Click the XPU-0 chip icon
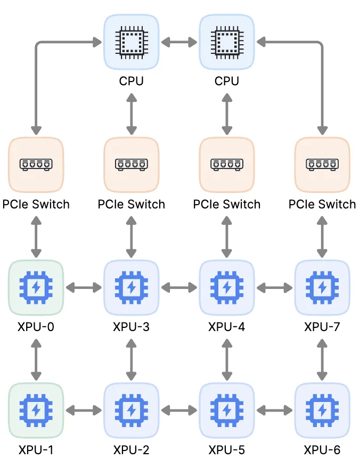[x=36, y=288]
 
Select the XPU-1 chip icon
[x=36, y=410]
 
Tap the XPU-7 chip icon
[x=322, y=288]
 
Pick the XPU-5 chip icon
[x=227, y=410]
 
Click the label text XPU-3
[x=131, y=326]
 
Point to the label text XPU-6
[x=322, y=450]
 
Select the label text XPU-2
[x=131, y=450]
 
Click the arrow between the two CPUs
[x=179, y=41]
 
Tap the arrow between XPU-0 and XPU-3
[x=84, y=288]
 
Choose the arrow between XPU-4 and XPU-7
[x=274, y=288]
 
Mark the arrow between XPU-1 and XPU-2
[x=84, y=410]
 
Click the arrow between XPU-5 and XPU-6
[x=274, y=410]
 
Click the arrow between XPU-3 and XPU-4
[x=179, y=288]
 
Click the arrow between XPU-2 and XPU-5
[x=179, y=410]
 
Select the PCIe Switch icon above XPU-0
[x=36, y=164]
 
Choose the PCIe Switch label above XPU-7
[x=322, y=204]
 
